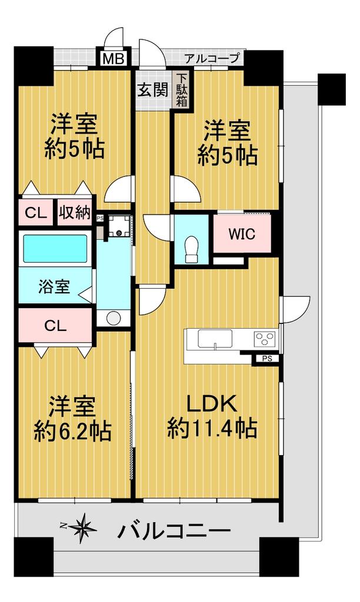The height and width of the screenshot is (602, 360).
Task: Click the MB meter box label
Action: (x=114, y=59)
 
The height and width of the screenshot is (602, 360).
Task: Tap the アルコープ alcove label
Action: (x=212, y=58)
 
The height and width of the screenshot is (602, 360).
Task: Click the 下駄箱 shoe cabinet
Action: (x=182, y=91)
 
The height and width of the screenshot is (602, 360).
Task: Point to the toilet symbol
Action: (x=191, y=248)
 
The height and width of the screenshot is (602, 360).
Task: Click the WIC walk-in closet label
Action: (x=242, y=234)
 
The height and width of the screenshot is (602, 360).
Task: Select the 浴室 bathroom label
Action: (x=54, y=286)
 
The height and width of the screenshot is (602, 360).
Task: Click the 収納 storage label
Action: (x=75, y=212)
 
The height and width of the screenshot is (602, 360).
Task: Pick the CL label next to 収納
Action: (x=36, y=213)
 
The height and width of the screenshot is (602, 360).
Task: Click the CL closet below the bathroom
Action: (x=55, y=326)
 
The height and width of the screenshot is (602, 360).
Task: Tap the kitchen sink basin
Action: (x=215, y=339)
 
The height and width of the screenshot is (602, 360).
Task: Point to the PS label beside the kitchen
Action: (x=267, y=359)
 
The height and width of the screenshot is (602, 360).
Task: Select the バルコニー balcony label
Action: (x=174, y=531)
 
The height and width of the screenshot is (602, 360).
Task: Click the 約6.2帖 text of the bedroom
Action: (x=72, y=431)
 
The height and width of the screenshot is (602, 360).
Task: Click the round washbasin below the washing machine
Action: (x=114, y=318)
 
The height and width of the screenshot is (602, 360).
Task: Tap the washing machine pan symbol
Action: (x=119, y=227)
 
